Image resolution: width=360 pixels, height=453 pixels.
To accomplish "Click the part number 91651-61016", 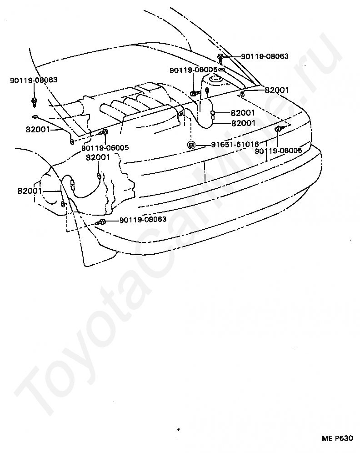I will point(235,145).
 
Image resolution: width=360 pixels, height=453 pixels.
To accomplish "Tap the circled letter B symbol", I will point(192,145).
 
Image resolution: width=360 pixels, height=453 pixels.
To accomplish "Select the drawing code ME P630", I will point(337,438).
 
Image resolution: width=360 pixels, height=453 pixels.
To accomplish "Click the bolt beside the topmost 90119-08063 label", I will point(220,57).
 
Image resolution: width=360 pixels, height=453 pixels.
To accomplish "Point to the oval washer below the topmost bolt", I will point(221,70).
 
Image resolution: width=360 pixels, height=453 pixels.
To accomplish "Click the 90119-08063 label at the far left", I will point(34,80).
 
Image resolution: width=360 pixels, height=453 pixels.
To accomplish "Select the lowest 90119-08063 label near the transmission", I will point(143,219).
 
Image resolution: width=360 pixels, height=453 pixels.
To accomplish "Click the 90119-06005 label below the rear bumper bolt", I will point(278,151).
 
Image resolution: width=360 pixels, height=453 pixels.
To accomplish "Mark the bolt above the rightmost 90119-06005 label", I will point(278,130).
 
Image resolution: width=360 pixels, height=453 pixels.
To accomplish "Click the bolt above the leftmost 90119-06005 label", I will point(104,132).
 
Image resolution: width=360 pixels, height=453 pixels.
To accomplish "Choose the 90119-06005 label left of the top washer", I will point(194,70).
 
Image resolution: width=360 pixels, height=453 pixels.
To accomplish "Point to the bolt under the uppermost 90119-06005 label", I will point(194,93).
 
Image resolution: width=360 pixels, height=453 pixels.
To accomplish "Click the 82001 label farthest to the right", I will point(277,90).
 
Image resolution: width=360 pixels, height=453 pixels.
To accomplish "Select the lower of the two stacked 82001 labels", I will point(243,123).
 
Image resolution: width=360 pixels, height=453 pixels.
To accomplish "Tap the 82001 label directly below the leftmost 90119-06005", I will point(98,157).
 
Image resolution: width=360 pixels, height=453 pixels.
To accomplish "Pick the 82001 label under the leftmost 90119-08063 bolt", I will point(38,129).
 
